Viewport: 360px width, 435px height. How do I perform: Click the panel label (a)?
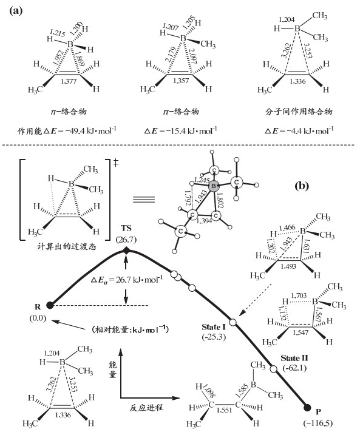point(16,11)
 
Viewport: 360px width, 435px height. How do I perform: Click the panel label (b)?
point(302,186)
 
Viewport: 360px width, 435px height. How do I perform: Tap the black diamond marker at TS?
point(126,251)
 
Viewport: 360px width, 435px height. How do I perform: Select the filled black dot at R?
point(50,305)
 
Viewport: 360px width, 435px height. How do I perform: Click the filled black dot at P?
point(307,407)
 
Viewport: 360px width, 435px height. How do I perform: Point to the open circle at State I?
point(233,322)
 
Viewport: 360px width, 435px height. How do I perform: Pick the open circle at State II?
point(274,369)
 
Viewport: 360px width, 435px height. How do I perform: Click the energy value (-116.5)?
point(318,423)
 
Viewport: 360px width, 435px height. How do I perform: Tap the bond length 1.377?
point(69,81)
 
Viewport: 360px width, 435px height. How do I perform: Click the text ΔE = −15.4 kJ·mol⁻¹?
point(180,130)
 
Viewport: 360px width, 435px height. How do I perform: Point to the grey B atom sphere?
point(214,186)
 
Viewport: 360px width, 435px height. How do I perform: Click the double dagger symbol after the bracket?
point(116,163)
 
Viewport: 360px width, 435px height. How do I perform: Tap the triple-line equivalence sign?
point(143,200)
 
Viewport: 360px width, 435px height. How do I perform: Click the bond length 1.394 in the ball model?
point(205,221)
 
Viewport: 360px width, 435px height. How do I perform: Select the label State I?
point(214,328)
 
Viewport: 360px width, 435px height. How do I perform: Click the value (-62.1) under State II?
point(294,368)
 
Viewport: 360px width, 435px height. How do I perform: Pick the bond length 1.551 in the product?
point(224,410)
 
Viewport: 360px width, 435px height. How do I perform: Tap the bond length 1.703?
point(299,295)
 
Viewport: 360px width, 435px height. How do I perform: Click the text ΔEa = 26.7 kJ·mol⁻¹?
point(126,280)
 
